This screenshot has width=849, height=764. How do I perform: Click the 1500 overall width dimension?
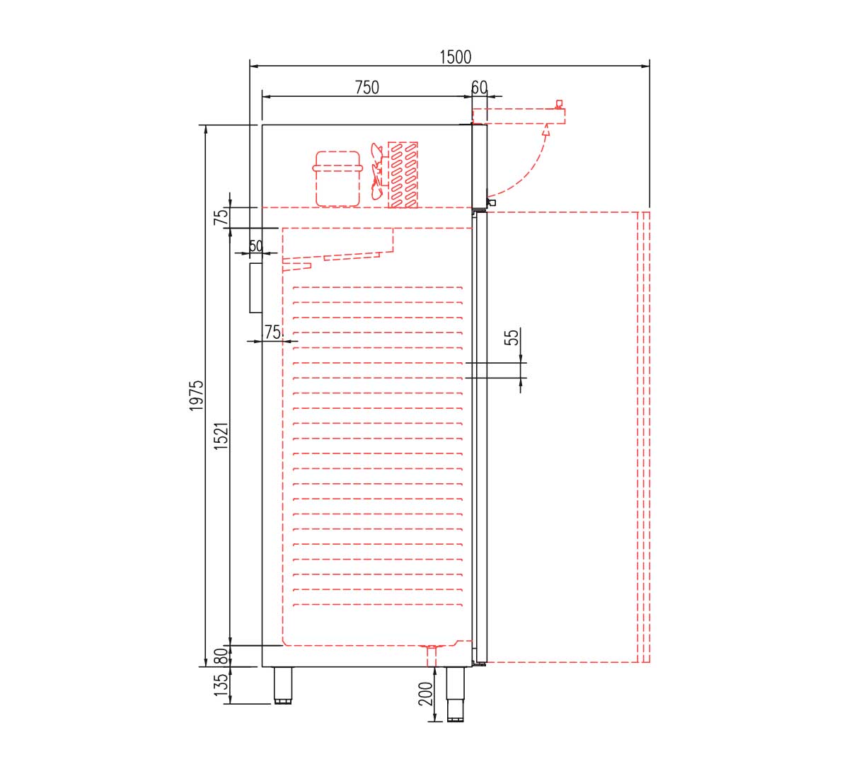pos(455,57)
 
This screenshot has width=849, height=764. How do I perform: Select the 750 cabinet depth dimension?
pos(366,88)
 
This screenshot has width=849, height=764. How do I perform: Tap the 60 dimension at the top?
pos(479,88)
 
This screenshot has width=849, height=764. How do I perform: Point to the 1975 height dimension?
pos(197,395)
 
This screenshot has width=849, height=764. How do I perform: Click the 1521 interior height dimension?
pos(222,436)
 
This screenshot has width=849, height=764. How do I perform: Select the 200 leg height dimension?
pos(425,694)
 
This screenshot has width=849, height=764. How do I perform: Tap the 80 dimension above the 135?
pos(222,656)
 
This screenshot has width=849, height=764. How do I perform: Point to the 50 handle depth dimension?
pos(255,247)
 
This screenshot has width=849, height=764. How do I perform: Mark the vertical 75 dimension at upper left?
pos(222,216)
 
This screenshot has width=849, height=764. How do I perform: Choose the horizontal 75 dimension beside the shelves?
pos(272,332)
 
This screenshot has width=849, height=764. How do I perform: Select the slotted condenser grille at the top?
pos(403,175)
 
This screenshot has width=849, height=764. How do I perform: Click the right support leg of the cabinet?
pos(455,693)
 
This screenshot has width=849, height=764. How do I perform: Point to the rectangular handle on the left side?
pos(255,288)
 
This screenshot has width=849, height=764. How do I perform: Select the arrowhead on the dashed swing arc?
pos(546,131)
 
